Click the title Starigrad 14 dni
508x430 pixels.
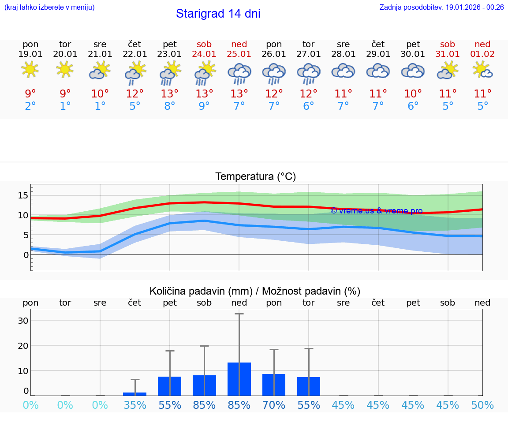tap(218, 14)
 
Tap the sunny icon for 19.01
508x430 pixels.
tap(30, 70)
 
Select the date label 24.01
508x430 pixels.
tap(204, 54)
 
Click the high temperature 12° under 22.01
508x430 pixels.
tap(135, 93)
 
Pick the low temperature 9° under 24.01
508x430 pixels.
tap(204, 106)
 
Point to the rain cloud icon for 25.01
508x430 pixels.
tap(239, 72)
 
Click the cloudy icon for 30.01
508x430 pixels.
tap(413, 71)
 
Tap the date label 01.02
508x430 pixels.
tap(482, 54)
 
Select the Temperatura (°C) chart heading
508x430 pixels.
tap(255, 177)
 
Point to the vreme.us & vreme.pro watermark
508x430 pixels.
tap(376, 211)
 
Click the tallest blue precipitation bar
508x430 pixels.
tap(239, 379)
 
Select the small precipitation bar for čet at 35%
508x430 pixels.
tap(135, 394)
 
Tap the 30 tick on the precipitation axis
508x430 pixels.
tap(23, 321)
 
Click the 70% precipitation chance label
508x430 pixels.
tap(274, 405)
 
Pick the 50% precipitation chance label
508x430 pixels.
tap(482, 405)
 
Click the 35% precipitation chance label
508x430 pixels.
tap(135, 405)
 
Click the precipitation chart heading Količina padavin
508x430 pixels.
tap(255, 291)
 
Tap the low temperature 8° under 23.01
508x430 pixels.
tap(170, 106)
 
